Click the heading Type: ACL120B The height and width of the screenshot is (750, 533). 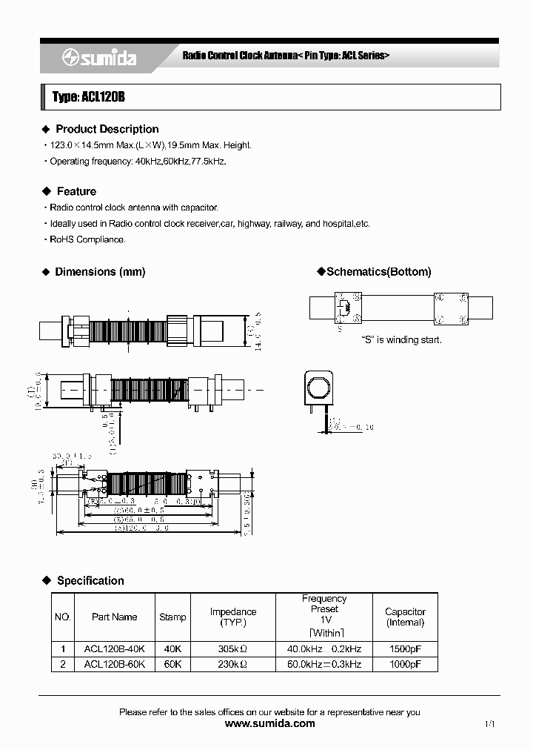pyautogui.click(x=84, y=97)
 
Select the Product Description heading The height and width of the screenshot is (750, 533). pyautogui.click(x=107, y=129)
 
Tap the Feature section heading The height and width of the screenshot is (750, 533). pyautogui.click(x=76, y=191)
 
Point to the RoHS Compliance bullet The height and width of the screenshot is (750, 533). pyautogui.click(x=87, y=239)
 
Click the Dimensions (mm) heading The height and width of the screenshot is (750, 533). pyautogui.click(x=100, y=272)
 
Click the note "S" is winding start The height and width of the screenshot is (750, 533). pyautogui.click(x=401, y=339)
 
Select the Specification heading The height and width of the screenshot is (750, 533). pyautogui.click(x=90, y=580)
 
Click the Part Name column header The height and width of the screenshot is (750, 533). pyautogui.click(x=114, y=617)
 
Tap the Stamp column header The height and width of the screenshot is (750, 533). pyautogui.click(x=172, y=617)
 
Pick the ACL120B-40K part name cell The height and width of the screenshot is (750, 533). pyautogui.click(x=114, y=648)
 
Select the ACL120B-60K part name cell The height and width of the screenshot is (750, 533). pyautogui.click(x=114, y=665)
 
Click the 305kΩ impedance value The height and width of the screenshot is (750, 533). pyautogui.click(x=232, y=648)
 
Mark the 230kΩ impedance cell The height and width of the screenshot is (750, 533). pyautogui.click(x=232, y=665)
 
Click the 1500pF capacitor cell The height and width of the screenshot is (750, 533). pyautogui.click(x=405, y=648)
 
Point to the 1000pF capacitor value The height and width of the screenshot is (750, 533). pyautogui.click(x=405, y=665)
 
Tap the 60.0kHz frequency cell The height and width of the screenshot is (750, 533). pyautogui.click(x=324, y=665)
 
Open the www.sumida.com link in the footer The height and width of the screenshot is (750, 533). pyautogui.click(x=269, y=724)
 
